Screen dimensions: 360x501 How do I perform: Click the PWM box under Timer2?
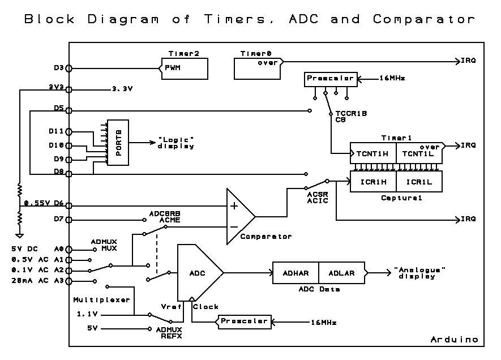(184, 68)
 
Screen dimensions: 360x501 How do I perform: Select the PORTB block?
(118, 143)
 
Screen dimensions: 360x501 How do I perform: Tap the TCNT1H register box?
(372, 153)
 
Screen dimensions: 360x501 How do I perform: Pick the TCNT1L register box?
(419, 153)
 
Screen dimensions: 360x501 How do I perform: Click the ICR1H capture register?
(373, 182)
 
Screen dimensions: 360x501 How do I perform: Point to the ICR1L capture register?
(419, 182)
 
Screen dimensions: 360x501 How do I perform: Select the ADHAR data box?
(296, 273)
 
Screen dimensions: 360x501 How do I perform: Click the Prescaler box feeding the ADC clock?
(243, 322)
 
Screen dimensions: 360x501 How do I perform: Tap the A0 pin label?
(59, 248)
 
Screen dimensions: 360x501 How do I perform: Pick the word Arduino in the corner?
(454, 339)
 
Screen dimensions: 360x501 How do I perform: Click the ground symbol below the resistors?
(19, 235)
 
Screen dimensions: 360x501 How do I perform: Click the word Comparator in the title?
(423, 19)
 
